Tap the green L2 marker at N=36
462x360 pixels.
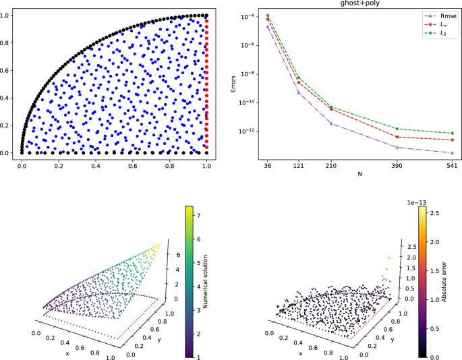(x=268, y=16)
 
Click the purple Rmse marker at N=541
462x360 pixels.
(x=451, y=153)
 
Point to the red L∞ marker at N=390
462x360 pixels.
(x=397, y=137)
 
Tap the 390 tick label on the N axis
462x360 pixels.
(x=397, y=165)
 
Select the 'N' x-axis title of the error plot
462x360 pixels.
(x=359, y=175)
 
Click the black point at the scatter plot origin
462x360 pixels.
(x=22, y=153)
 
